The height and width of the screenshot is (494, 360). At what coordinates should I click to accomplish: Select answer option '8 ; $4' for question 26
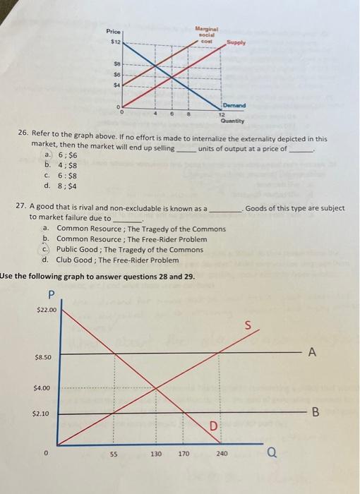58,186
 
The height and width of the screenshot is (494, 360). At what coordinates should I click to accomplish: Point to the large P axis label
49,295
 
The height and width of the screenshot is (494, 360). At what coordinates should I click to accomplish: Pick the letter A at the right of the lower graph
311,352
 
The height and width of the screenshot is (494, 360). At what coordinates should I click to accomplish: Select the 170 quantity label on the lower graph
184,455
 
